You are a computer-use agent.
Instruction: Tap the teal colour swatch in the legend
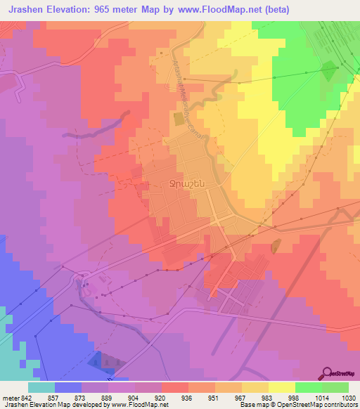[x=41, y=387]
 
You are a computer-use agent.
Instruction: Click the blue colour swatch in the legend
[x=68, y=387]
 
